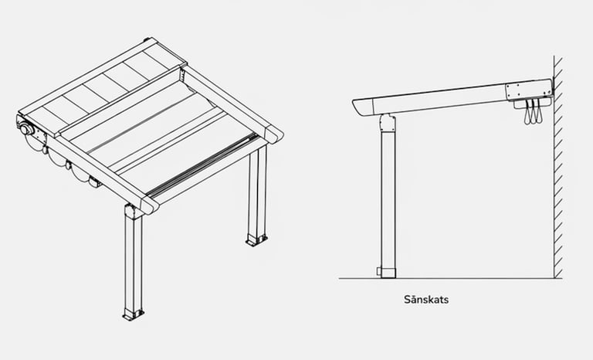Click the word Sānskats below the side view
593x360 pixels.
point(426,300)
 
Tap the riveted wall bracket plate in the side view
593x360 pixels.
point(529,90)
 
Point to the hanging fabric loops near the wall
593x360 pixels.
point(534,112)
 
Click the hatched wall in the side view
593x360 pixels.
point(558,167)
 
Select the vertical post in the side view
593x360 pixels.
point(388,197)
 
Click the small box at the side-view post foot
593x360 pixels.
point(379,271)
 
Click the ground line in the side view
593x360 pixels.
point(450,279)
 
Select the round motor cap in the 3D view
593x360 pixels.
point(27,130)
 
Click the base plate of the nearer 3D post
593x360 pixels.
point(133,314)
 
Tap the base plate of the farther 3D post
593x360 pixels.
point(257,240)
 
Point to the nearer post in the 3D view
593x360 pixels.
point(134,261)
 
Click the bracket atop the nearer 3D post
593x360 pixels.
point(133,211)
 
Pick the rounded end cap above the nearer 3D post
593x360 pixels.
point(150,205)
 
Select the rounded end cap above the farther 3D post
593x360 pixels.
point(274,134)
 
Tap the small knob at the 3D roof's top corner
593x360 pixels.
point(147,39)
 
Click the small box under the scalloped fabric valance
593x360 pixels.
point(95,182)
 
